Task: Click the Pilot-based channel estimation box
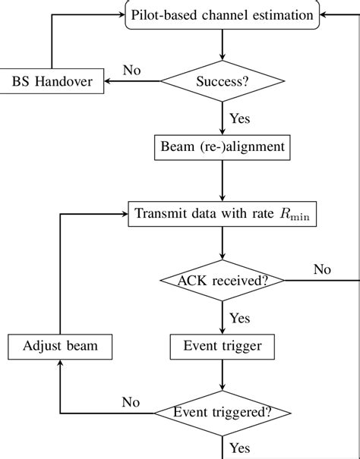pos(221,15)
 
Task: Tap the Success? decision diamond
pos(221,81)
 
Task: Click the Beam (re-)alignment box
pos(221,146)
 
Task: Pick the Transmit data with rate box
pos(221,212)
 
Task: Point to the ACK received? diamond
pos(221,280)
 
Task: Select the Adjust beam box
pos(60,347)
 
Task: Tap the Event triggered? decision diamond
pos(221,413)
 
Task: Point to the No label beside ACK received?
pos(322,269)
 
